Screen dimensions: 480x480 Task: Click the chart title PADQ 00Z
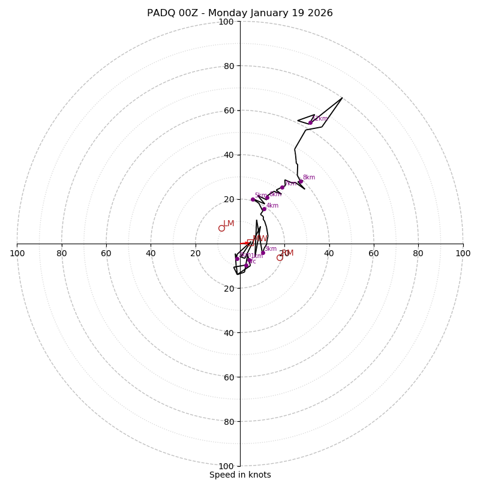click(x=240, y=13)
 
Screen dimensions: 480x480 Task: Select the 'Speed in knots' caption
click(x=240, y=475)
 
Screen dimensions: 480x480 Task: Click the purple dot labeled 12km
click(x=310, y=122)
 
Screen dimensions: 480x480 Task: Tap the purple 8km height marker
click(x=301, y=181)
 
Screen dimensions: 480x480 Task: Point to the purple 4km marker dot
click(x=264, y=209)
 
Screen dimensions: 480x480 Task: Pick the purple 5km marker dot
click(x=253, y=199)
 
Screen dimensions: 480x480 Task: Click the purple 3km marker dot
click(x=263, y=253)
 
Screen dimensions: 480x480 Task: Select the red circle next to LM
click(x=221, y=228)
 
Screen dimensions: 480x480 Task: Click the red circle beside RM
click(x=280, y=257)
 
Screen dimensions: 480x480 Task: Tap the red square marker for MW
click(x=249, y=243)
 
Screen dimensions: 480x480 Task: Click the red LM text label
click(x=229, y=224)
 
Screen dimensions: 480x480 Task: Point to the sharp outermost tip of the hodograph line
click(x=342, y=98)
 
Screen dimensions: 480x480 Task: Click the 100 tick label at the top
click(x=226, y=22)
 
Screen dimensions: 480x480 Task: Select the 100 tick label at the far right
click(x=463, y=253)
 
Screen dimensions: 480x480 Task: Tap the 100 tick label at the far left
click(x=17, y=253)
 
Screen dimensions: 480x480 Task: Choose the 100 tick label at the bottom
click(x=226, y=466)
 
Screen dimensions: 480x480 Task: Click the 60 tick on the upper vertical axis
click(x=228, y=110)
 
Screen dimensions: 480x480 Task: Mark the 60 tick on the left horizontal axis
click(x=106, y=253)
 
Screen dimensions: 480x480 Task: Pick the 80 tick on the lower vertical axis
click(x=228, y=422)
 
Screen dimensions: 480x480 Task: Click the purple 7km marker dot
click(x=282, y=187)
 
